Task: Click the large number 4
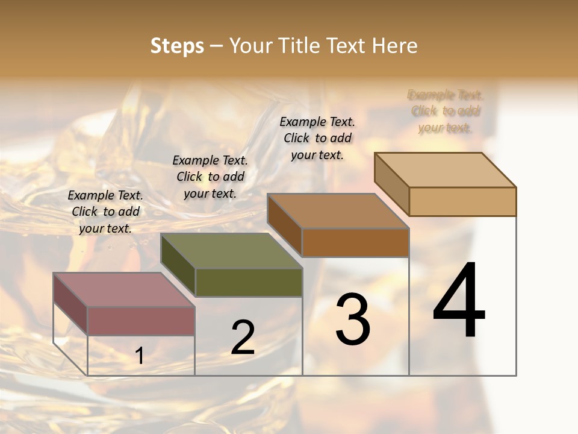459,301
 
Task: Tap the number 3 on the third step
353,319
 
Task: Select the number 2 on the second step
243,338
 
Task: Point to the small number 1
140,356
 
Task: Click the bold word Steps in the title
177,46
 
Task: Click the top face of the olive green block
231,251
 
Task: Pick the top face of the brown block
338,211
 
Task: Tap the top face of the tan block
445,170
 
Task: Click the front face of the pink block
141,321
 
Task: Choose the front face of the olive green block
249,282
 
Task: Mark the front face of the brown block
355,242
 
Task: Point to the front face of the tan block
462,201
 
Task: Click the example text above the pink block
105,212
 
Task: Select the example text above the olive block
210,177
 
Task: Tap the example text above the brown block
317,138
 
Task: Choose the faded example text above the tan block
446,111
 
